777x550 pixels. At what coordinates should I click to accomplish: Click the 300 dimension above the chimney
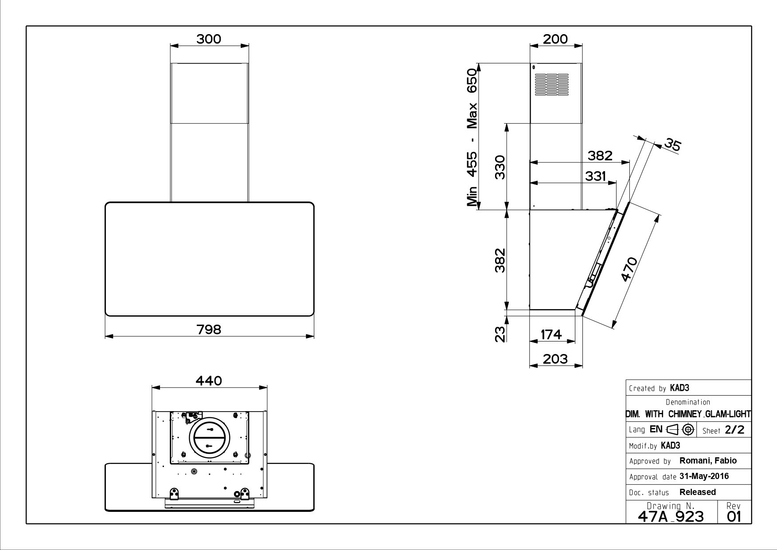(209, 39)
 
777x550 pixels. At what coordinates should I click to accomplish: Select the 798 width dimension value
(209, 330)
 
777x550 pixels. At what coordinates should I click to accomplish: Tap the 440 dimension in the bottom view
(209, 381)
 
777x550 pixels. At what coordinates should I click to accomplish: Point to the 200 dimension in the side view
(555, 39)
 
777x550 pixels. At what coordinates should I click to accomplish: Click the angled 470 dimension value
(629, 269)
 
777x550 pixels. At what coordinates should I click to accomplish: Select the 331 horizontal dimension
(595, 176)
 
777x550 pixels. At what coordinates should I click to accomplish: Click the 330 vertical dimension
(500, 167)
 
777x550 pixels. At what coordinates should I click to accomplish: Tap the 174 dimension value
(551, 334)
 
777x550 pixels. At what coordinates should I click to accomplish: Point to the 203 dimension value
(555, 358)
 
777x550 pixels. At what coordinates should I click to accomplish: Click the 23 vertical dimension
(500, 334)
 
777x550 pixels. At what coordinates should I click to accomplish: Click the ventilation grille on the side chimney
(551, 84)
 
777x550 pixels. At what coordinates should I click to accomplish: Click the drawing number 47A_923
(671, 516)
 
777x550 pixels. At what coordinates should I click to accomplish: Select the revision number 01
(734, 516)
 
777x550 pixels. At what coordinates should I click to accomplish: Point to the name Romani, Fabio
(708, 461)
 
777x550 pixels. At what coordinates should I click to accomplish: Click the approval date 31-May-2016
(704, 476)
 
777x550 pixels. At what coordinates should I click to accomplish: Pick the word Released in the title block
(698, 492)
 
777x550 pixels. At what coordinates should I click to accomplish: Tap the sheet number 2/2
(734, 430)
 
